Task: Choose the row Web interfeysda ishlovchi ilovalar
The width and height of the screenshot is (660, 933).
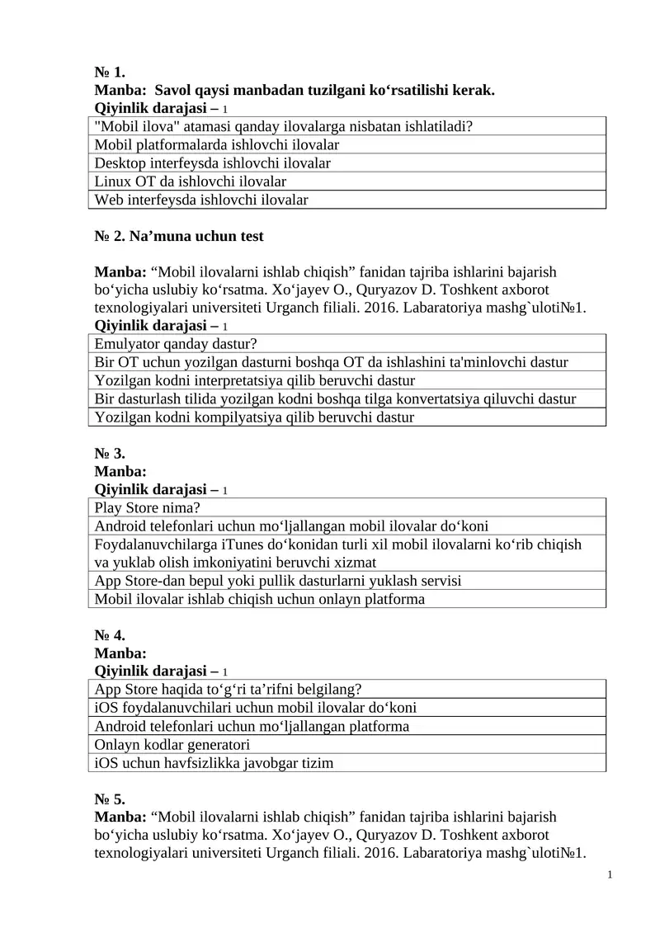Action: pyautogui.click(x=201, y=200)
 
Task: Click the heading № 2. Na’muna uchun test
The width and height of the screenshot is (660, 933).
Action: pyautogui.click(x=179, y=236)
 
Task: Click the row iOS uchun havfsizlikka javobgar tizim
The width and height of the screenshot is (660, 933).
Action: pyautogui.click(x=214, y=763)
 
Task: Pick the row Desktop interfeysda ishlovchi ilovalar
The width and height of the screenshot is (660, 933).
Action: pyautogui.click(x=213, y=163)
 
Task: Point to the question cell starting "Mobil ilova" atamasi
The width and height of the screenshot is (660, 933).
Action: pyautogui.click(x=289, y=127)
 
